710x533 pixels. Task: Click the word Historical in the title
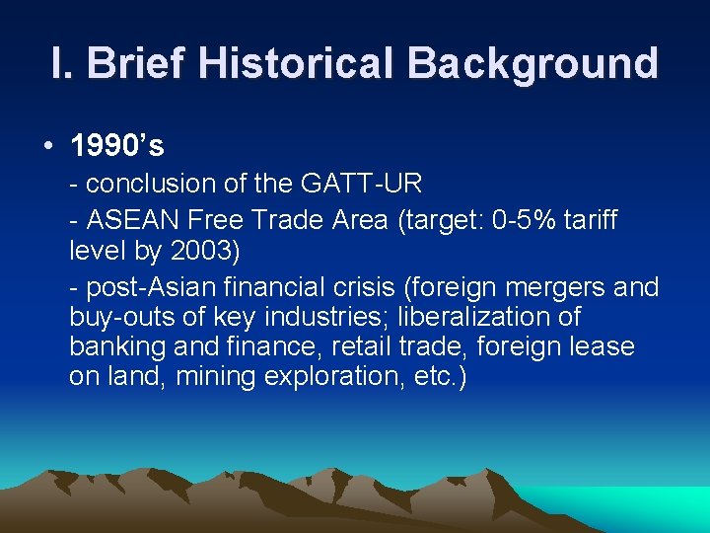click(295, 63)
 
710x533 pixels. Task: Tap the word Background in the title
click(532, 63)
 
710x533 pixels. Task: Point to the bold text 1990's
click(117, 146)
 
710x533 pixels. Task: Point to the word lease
click(607, 347)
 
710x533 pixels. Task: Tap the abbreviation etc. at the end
click(436, 377)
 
